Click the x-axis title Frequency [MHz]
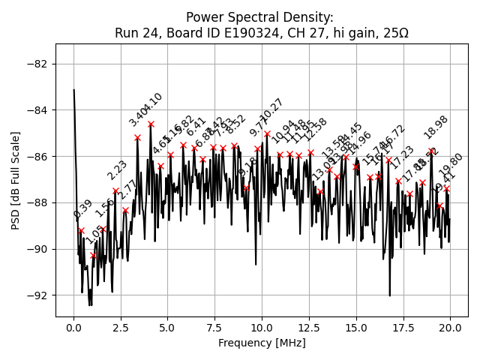pos(262,343)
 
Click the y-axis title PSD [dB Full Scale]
pos(16,180)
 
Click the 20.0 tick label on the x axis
pos(450,328)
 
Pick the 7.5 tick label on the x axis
pos(214,328)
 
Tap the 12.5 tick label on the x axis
pos(309,328)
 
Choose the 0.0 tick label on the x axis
pos(73,328)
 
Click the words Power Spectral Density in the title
pos(259,17)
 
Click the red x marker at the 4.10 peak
pos(151,124)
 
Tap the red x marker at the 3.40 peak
pos(137,138)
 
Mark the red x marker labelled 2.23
pos(115,190)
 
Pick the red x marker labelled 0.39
pos(81,230)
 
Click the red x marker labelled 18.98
pos(431,151)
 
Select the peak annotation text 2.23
pos(117,171)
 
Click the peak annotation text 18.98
pos(436,127)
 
